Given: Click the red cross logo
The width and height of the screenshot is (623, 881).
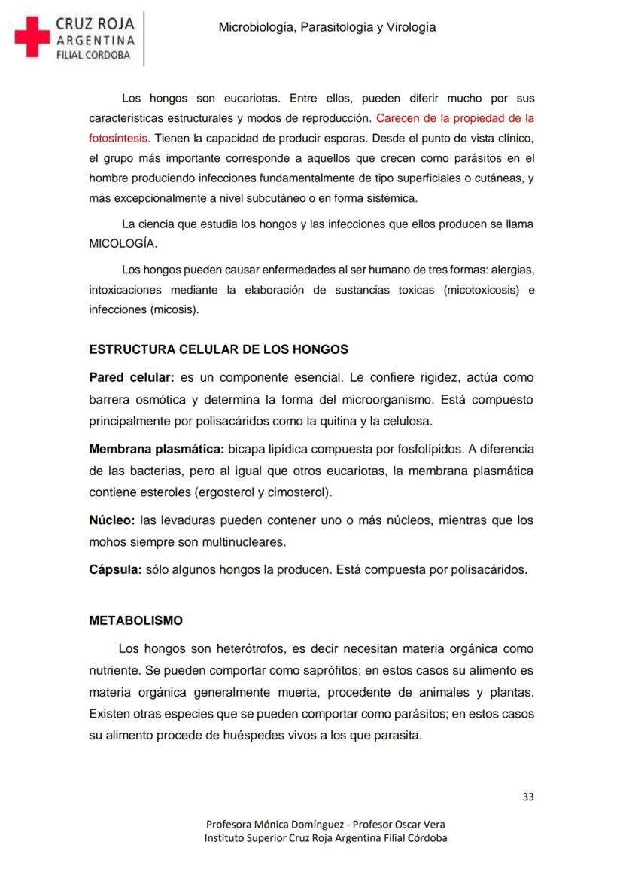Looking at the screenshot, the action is pyautogui.click(x=32, y=36).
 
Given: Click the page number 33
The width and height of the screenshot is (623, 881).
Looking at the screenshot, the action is pyautogui.click(x=527, y=797).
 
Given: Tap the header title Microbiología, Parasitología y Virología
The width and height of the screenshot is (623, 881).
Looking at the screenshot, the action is pyautogui.click(x=327, y=27).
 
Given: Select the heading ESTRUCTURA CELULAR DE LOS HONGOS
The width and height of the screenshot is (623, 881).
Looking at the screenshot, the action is pyautogui.click(x=218, y=349).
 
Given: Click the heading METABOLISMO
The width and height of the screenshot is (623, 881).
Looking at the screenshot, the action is pyautogui.click(x=135, y=620).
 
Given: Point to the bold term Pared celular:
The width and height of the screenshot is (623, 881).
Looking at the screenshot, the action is pyautogui.click(x=132, y=377).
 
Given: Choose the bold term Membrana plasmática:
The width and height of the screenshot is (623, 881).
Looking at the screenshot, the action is pyautogui.click(x=157, y=449).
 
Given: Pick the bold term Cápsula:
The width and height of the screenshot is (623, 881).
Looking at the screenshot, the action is pyautogui.click(x=115, y=569).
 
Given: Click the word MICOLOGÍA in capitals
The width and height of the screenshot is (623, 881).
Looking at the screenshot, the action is pyautogui.click(x=123, y=244).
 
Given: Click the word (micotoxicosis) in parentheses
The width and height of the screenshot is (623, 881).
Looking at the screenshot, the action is pyautogui.click(x=482, y=290).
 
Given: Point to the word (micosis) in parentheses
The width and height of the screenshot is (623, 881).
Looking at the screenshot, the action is pyautogui.click(x=175, y=309).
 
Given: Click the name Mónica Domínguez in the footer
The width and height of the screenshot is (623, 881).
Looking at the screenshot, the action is pyautogui.click(x=299, y=825).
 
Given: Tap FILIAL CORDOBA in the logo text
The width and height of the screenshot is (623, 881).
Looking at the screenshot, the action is pyautogui.click(x=93, y=55).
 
